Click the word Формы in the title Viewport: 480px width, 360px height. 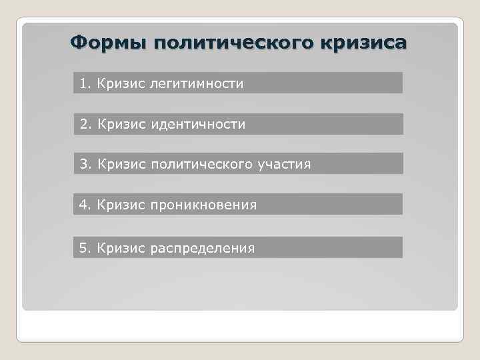[108, 43]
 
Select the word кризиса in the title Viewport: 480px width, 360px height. [364, 43]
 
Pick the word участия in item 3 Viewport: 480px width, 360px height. [285, 164]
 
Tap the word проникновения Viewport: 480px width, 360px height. [203, 205]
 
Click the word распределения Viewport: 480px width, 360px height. [203, 249]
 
